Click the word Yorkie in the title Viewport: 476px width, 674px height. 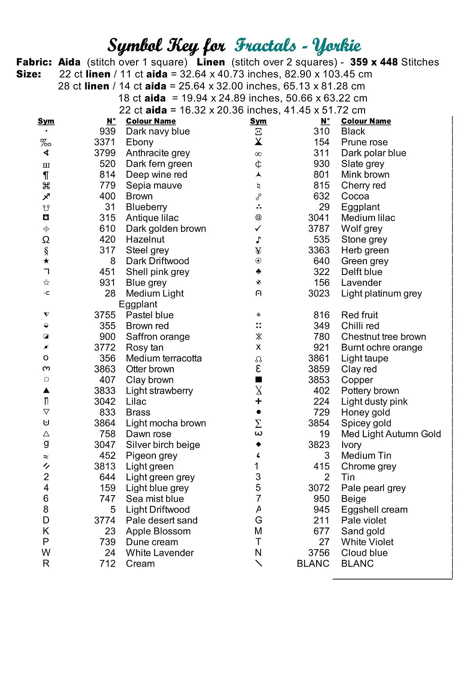[337, 46]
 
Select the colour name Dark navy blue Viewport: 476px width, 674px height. [158, 132]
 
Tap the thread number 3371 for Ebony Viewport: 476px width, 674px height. [105, 142]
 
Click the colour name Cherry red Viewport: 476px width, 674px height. [363, 186]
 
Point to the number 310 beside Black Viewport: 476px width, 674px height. [322, 132]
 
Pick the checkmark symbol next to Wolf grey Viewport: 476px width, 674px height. [258, 228]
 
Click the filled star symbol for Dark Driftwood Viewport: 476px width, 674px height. [46, 261]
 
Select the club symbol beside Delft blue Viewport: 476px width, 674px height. [258, 272]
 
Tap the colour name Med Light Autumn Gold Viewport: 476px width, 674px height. [391, 434]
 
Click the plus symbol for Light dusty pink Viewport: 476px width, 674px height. [258, 401]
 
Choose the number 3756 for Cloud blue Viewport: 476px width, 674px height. [319, 553]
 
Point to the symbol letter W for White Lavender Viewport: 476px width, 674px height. [46, 553]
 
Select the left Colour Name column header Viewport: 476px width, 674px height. [151, 121]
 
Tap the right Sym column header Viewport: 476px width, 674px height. [258, 121]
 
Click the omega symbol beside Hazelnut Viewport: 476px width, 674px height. [46, 239]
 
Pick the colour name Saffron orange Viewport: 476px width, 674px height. [158, 337]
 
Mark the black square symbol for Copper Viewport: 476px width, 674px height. [258, 380]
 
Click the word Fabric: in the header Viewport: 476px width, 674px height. [34, 62]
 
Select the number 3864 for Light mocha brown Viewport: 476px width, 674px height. [105, 423]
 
